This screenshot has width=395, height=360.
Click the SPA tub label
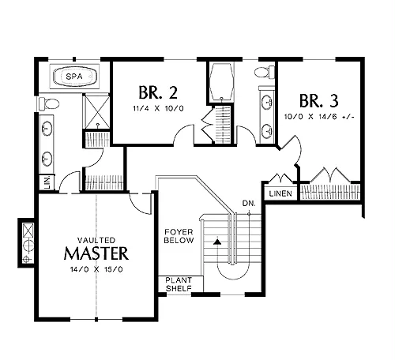(74, 77)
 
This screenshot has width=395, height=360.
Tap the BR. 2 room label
(158, 92)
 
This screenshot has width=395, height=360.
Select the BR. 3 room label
(319, 101)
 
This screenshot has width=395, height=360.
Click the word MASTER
(96, 253)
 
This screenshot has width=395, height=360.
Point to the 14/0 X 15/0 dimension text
(96, 269)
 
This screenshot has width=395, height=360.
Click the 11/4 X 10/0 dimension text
(158, 108)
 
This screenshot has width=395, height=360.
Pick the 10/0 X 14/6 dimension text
(319, 117)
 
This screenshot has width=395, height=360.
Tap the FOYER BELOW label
(179, 236)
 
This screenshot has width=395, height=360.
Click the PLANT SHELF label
(179, 284)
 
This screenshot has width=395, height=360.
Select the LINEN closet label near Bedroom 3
(280, 193)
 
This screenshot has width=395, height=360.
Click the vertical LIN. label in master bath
(47, 182)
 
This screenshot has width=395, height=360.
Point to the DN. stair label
(249, 204)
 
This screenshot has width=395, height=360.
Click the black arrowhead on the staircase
(217, 242)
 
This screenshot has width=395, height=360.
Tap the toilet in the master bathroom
(49, 103)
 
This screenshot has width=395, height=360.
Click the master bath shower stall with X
(96, 111)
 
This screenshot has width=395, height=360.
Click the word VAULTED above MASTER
(96, 240)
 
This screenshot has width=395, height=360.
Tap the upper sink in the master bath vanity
(47, 129)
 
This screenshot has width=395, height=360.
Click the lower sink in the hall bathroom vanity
(267, 130)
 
